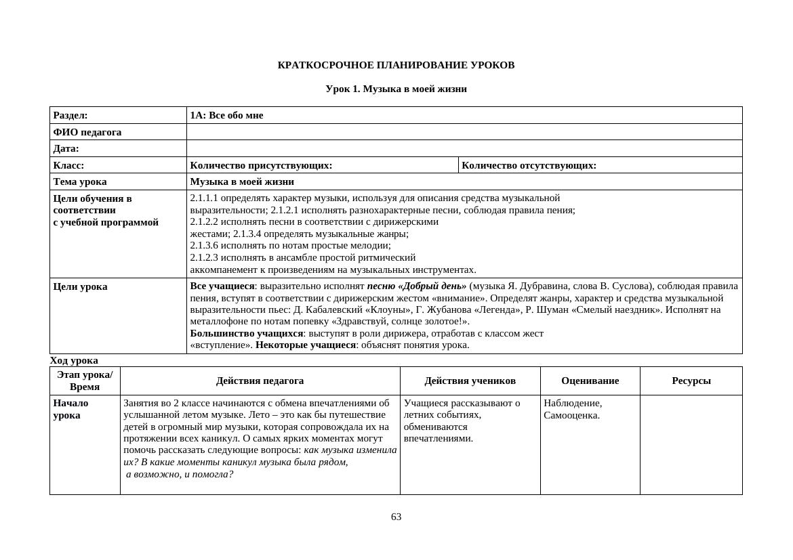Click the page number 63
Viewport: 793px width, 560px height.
tap(396, 517)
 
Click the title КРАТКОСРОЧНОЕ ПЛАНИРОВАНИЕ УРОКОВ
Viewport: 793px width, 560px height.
tap(396, 66)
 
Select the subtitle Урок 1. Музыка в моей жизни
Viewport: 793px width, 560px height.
tap(396, 89)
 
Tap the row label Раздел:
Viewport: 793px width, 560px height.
tap(70, 116)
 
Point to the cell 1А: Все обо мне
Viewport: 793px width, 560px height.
tap(226, 116)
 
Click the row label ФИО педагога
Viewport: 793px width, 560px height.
tap(87, 132)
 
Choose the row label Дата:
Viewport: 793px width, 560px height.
tap(66, 149)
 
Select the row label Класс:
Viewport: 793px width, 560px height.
tap(68, 165)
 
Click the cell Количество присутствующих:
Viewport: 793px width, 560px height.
tap(261, 165)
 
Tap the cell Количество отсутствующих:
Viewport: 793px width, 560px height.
tap(529, 165)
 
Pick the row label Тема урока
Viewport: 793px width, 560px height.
tap(80, 182)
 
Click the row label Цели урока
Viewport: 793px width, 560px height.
tap(80, 287)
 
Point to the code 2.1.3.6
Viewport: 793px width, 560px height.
tap(204, 246)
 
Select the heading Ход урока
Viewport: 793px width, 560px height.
tap(74, 361)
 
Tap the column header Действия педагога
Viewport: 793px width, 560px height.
tap(260, 381)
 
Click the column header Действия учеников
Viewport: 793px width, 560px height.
tap(470, 381)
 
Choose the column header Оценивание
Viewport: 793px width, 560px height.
tap(590, 381)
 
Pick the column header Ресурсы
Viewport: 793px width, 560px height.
tap(691, 381)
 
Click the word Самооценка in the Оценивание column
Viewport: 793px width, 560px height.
tap(571, 416)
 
